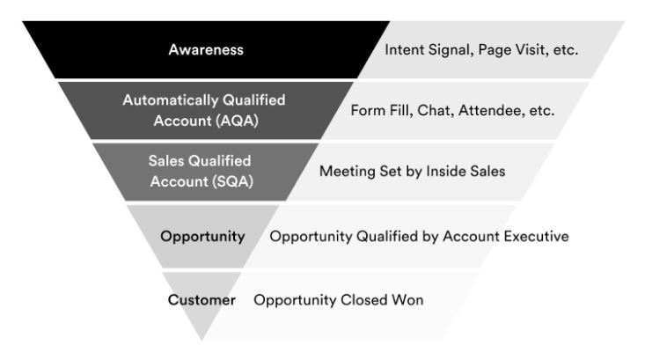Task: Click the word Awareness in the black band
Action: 206,50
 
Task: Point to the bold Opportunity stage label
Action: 202,237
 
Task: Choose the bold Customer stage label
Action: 202,300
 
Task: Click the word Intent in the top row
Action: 405,50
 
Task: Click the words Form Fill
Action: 382,110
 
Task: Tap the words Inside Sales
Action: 465,171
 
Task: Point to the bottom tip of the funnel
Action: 202,341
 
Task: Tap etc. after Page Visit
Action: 566,50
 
